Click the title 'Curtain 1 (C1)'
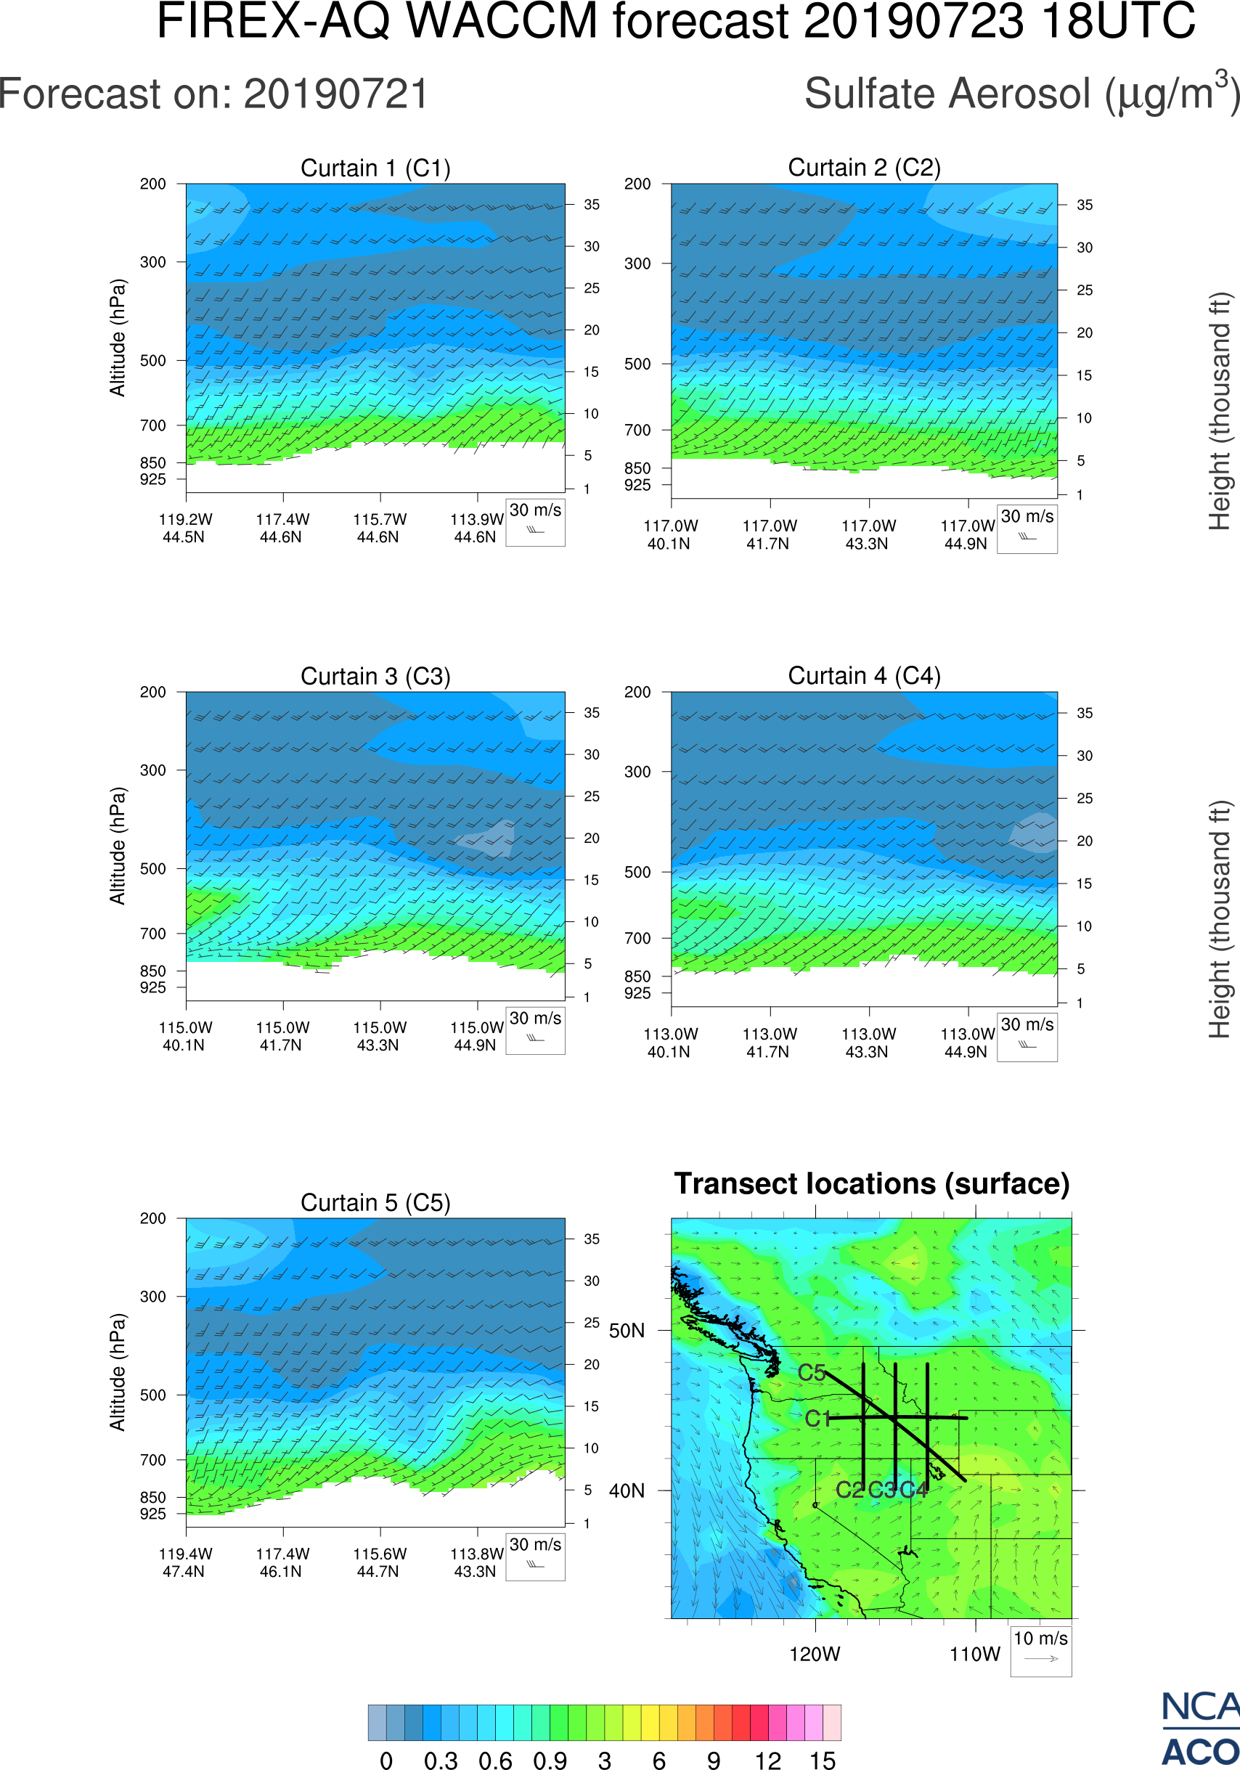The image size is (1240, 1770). point(375,168)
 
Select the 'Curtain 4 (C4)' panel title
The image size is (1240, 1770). point(864,676)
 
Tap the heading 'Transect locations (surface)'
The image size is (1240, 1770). point(872,1183)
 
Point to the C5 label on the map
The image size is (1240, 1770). point(812,1373)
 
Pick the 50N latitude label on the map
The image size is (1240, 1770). point(627,1331)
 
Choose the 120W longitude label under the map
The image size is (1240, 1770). point(815,1655)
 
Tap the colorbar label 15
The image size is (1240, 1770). point(823,1760)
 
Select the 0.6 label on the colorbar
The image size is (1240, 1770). point(495,1760)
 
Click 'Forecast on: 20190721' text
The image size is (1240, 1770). point(213,94)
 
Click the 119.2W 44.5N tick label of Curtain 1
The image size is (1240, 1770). point(185,528)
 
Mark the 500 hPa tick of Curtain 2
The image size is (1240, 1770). point(637,364)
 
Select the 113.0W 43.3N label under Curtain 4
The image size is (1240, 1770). point(868,1043)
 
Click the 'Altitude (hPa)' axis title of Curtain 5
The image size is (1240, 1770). point(117,1371)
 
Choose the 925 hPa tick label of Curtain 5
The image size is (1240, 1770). point(152,1513)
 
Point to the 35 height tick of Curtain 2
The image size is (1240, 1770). point(1085,205)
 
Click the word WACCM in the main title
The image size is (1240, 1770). point(502,21)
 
